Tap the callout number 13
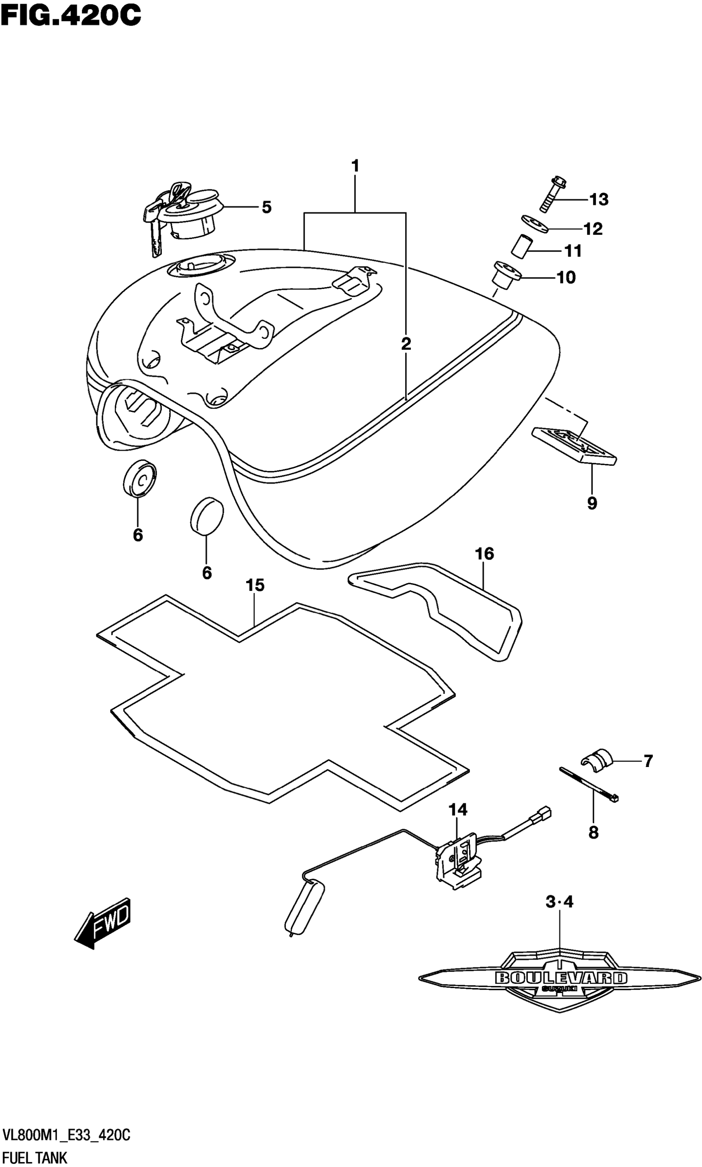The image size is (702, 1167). tap(598, 200)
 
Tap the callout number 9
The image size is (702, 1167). tap(592, 503)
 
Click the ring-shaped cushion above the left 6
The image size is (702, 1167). tap(140, 479)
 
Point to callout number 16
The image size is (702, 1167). tap(484, 553)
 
